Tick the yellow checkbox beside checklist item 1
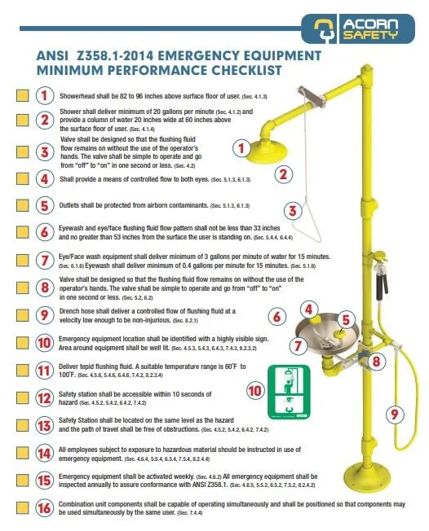(23, 94)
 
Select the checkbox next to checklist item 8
(23, 287)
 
